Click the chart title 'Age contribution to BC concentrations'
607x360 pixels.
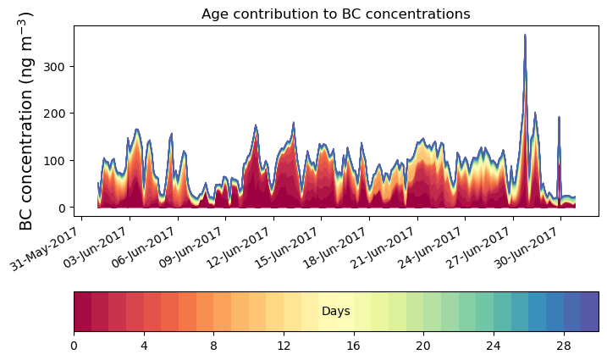pyautogui.click(x=335, y=14)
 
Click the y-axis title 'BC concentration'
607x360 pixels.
pyautogui.click(x=26, y=121)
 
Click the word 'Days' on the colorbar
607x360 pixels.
pyautogui.click(x=336, y=312)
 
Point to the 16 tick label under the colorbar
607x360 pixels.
pyautogui.click(x=353, y=346)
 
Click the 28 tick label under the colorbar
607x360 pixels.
pyautogui.click(x=563, y=346)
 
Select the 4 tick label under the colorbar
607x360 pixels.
pyautogui.click(x=144, y=346)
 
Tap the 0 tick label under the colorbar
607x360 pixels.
pyautogui.click(x=74, y=346)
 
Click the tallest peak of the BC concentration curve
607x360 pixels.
pyautogui.click(x=525, y=36)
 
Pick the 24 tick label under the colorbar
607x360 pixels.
pyautogui.click(x=494, y=346)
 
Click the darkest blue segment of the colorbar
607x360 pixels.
pyautogui.click(x=590, y=311)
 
